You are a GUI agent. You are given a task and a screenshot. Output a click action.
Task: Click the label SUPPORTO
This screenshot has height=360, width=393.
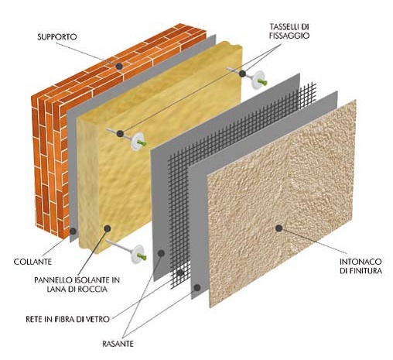(57, 37)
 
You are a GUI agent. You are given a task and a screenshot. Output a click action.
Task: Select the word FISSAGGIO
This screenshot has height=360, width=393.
(289, 36)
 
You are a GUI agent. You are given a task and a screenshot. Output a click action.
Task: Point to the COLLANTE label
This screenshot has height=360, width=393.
(32, 262)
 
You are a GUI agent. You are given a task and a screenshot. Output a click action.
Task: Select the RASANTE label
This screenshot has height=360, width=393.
(118, 344)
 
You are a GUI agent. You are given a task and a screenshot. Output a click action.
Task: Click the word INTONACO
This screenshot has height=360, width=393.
(361, 262)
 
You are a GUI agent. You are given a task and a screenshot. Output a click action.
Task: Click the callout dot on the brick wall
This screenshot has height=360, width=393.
(119, 67)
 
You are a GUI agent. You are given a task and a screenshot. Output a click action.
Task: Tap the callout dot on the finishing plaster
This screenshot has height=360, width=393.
(279, 228)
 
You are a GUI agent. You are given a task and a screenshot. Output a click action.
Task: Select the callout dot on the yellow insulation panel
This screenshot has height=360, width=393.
(108, 228)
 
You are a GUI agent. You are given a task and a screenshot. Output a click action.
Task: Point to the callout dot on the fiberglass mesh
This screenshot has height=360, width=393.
(180, 273)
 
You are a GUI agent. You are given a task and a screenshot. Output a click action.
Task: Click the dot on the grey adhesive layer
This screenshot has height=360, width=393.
(73, 231)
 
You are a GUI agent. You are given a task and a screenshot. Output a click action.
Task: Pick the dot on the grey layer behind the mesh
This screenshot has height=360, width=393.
(161, 253)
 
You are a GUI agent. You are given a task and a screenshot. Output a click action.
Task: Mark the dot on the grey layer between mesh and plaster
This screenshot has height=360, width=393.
(197, 287)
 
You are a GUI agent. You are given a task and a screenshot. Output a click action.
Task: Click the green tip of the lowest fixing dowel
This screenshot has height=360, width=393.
(142, 256)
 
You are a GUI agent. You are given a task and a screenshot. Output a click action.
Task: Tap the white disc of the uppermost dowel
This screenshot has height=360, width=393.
(257, 81)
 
